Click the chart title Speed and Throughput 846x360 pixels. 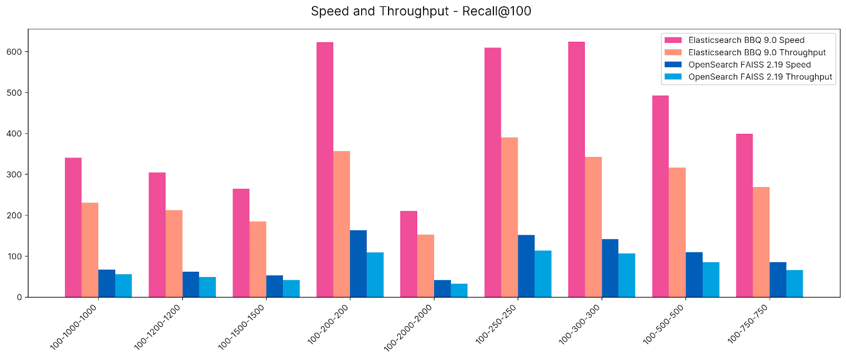click(421, 11)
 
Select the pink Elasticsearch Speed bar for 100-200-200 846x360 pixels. click(325, 169)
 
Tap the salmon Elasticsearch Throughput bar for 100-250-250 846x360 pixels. click(509, 217)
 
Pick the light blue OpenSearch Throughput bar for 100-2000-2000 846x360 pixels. click(459, 290)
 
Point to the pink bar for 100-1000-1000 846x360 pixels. click(73, 227)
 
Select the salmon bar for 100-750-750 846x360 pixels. click(761, 242)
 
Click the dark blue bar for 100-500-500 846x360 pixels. click(694, 274)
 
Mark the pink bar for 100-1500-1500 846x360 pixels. click(241, 243)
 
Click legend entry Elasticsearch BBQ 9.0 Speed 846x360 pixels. click(746, 40)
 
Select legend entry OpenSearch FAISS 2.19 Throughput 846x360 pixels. click(760, 77)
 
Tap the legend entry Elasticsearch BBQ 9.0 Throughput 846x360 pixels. click(757, 52)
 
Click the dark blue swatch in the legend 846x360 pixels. click(673, 64)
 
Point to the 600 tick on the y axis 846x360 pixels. click(14, 52)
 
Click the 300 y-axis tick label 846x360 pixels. click(14, 174)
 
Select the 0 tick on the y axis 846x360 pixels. click(19, 297)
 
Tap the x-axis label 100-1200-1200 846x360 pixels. click(157, 327)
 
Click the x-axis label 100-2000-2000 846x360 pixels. click(408, 328)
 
